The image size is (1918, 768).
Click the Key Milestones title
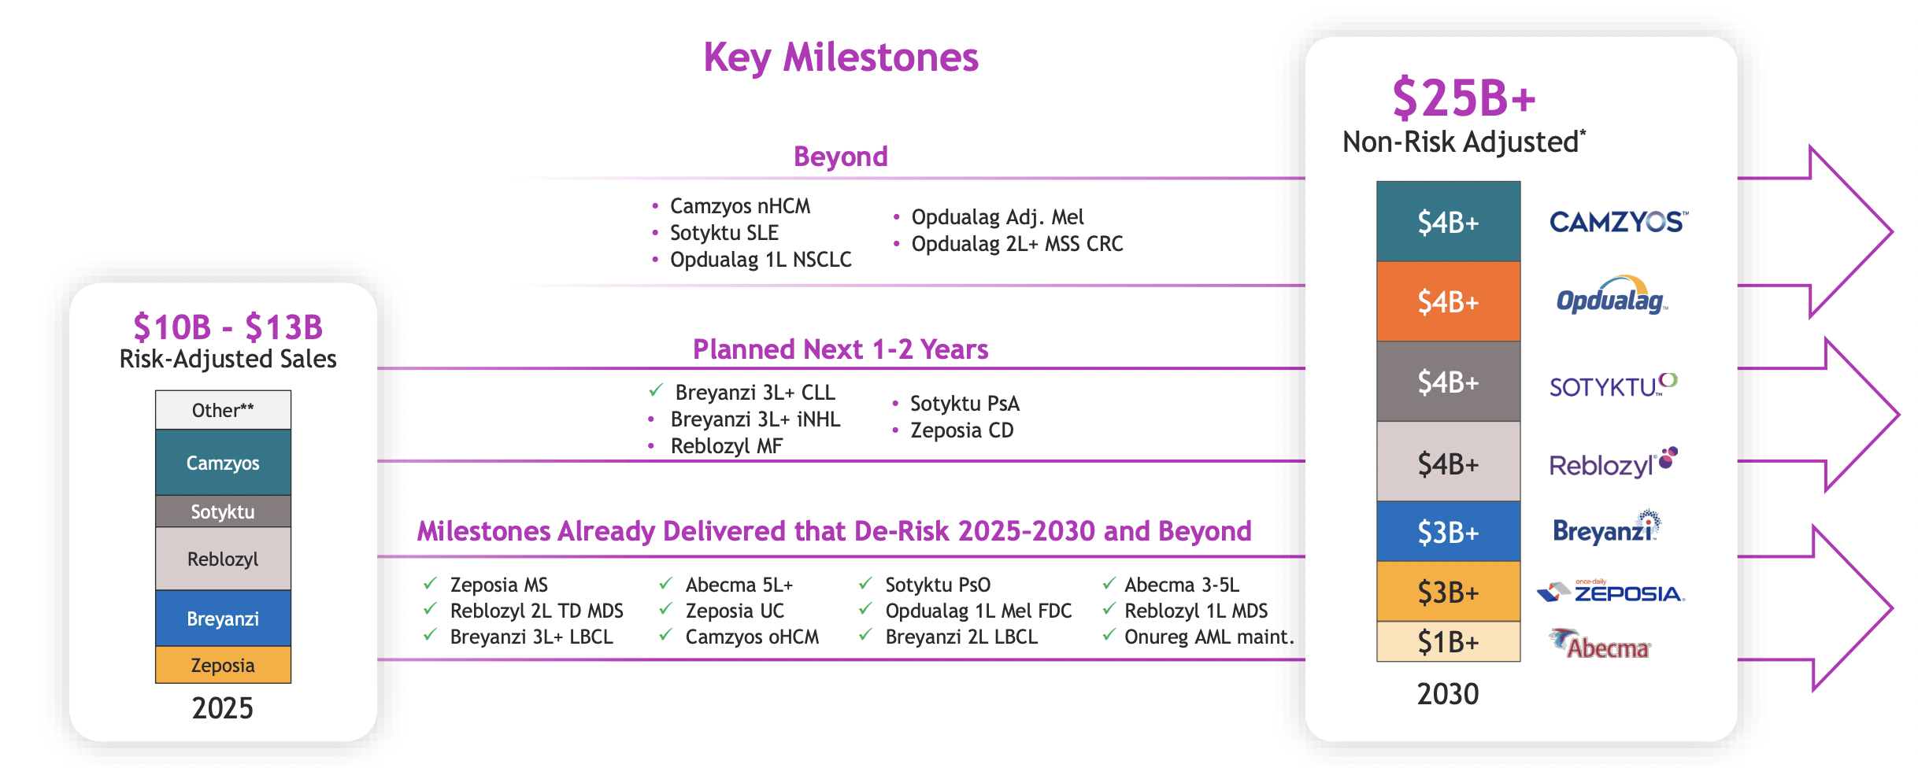pos(841,58)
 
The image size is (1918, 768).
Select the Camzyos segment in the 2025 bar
pos(223,462)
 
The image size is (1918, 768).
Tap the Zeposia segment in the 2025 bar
pos(223,665)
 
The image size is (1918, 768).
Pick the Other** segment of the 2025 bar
pos(223,410)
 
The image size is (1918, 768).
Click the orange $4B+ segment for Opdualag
pos(1448,301)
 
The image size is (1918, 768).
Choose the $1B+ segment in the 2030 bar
pos(1448,642)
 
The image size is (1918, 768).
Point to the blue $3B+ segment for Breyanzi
pos(1448,532)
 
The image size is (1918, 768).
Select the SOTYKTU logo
pos(1613,386)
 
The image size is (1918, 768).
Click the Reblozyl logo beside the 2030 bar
pos(1613,463)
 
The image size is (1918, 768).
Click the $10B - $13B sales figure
pos(228,327)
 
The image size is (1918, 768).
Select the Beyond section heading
pos(841,157)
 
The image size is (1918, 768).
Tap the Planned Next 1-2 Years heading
pos(841,349)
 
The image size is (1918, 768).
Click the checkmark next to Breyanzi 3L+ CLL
pos(656,390)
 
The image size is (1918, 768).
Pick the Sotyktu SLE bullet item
pos(724,233)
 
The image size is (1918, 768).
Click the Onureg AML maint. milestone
pos(1209,637)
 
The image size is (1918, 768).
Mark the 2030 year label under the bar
pos(1448,694)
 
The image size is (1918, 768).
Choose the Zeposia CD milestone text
pos(962,430)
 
